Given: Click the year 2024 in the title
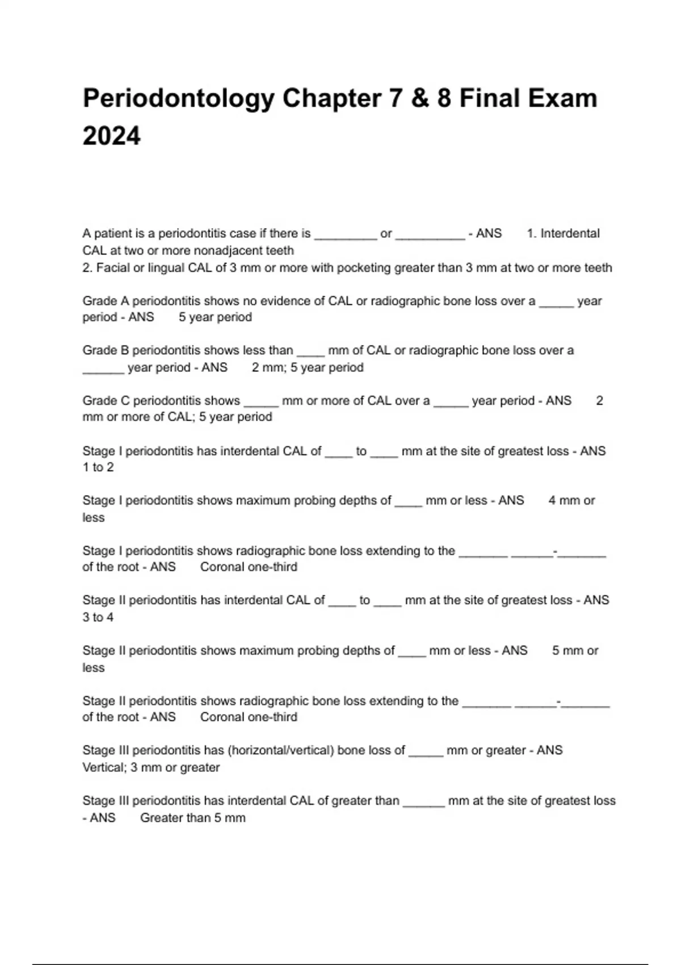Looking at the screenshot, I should (111, 136).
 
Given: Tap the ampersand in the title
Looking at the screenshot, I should (419, 98).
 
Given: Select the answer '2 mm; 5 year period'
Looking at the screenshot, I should (308, 367).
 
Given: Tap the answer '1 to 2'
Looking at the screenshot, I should (98, 467).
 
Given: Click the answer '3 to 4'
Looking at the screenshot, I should (98, 617).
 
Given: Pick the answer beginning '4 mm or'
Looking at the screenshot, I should (571, 501).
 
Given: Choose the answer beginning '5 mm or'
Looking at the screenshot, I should (575, 651).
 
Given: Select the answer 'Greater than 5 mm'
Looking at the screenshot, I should (193, 818).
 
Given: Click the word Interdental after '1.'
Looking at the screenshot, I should (570, 233).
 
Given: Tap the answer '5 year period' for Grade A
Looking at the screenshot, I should (215, 317).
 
